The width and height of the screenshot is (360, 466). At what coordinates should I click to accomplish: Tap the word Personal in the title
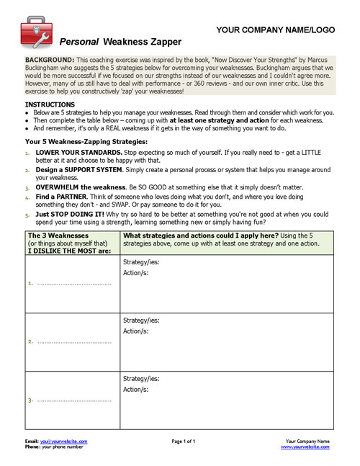tap(79, 42)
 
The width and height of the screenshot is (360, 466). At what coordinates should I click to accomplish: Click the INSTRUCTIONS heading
tap(50, 104)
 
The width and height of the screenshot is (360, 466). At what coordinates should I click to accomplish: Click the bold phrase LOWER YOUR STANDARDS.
tap(78, 153)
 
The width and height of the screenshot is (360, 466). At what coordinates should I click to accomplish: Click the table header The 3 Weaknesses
tap(57, 235)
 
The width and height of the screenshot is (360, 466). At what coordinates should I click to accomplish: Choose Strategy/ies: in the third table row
tap(142, 379)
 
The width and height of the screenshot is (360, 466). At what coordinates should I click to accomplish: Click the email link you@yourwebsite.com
tap(64, 441)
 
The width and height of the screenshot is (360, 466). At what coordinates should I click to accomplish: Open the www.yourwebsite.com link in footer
tap(305, 447)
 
